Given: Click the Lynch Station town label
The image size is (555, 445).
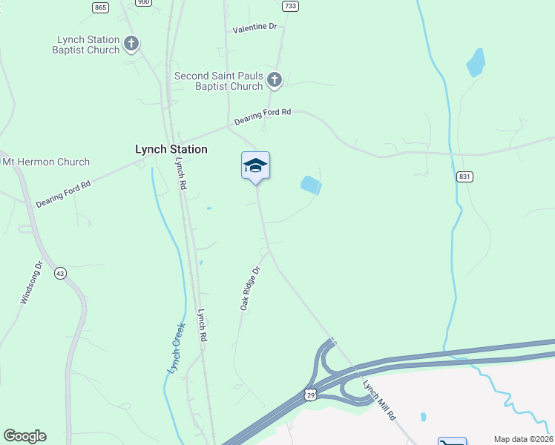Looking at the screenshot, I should (x=171, y=149).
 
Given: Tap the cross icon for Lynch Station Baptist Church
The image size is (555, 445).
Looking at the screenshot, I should (x=131, y=44).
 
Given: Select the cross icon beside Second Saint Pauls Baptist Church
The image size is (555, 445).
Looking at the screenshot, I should (x=275, y=80).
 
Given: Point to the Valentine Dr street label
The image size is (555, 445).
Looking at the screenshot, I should (x=254, y=27).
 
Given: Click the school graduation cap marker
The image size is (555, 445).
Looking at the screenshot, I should (x=255, y=165).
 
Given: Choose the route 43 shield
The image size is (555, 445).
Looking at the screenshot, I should (x=59, y=274).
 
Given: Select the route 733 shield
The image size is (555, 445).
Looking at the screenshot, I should (x=290, y=6).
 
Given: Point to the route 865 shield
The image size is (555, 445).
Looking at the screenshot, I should (x=101, y=7).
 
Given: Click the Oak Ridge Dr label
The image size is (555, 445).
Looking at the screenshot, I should (x=251, y=289).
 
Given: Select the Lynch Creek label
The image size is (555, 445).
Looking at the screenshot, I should (x=174, y=351).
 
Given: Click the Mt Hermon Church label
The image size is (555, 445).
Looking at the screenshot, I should (x=46, y=162).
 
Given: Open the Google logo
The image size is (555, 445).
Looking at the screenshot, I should (x=24, y=436).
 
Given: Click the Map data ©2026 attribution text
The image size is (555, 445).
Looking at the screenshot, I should (x=522, y=439).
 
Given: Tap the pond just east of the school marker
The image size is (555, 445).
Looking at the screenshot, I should (x=311, y=185).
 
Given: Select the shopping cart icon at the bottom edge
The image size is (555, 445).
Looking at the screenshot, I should (x=452, y=442).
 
